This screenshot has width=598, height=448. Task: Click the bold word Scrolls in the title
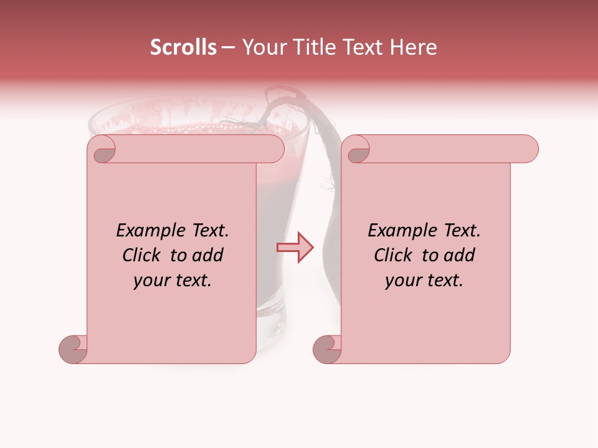click(183, 47)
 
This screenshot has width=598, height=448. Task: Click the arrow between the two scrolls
click(295, 248)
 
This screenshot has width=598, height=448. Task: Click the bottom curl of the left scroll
click(74, 348)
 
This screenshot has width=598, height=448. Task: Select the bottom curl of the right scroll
click(327, 348)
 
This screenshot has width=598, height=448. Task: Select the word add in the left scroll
click(207, 255)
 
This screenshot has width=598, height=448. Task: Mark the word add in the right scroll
click(459, 255)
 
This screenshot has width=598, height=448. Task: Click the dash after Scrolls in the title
click(228, 48)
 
